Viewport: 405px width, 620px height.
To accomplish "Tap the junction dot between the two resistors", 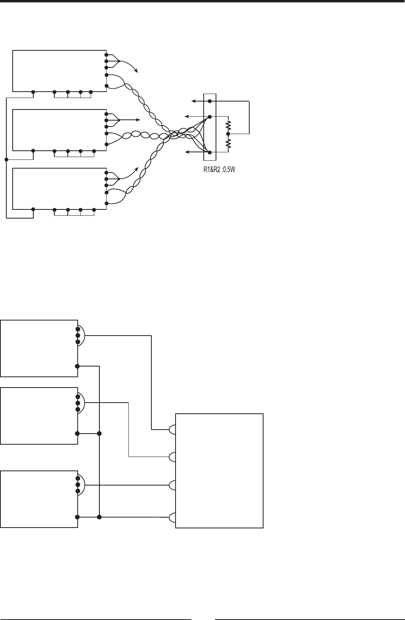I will (228, 134).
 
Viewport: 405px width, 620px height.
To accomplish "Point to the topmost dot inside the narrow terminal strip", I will (210, 101).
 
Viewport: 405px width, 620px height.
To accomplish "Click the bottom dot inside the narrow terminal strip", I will (210, 152).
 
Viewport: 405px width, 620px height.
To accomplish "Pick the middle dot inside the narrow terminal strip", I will (210, 117).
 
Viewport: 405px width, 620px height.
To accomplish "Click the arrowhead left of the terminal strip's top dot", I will (193, 101).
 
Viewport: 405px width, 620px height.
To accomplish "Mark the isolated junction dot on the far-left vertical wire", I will (6, 159).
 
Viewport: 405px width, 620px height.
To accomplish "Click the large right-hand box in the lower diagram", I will (219, 470).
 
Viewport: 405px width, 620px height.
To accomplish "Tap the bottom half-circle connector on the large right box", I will (173, 518).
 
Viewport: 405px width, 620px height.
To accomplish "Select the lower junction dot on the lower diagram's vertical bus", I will (99, 517).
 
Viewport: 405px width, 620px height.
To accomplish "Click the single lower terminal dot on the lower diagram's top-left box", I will (77, 365).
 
